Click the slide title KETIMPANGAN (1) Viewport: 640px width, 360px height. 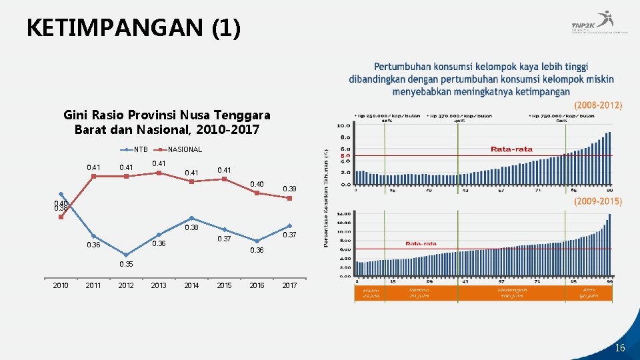[x=133, y=28]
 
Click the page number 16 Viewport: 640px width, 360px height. [x=620, y=347]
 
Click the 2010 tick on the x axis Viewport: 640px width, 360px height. [x=61, y=285]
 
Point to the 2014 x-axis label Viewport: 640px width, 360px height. [x=191, y=285]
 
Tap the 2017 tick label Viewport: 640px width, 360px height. [x=289, y=285]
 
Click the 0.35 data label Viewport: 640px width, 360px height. [x=126, y=264]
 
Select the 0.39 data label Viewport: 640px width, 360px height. [x=289, y=189]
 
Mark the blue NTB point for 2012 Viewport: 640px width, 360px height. [x=126, y=255]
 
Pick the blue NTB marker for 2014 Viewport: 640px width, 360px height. [x=191, y=218]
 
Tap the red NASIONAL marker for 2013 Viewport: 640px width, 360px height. [x=159, y=173]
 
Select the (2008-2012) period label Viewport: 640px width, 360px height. [x=597, y=105]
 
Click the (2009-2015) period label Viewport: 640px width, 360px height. [x=597, y=201]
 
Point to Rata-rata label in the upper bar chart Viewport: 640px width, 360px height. [x=511, y=149]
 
